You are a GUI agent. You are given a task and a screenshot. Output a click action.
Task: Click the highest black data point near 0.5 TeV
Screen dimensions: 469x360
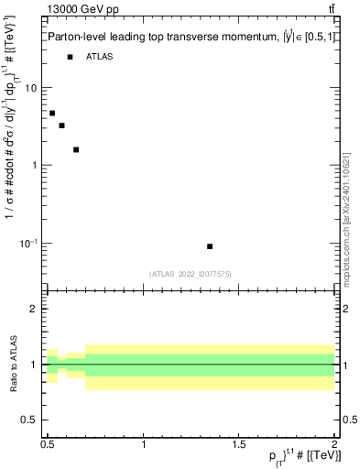(52, 113)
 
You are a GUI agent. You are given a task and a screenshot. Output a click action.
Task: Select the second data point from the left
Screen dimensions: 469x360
(61, 125)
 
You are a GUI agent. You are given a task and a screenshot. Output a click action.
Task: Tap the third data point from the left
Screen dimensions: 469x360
(76, 149)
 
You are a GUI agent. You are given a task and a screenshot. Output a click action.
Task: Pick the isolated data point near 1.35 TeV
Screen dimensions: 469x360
(210, 246)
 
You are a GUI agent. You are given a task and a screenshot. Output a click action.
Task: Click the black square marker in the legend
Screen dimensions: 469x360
(70, 57)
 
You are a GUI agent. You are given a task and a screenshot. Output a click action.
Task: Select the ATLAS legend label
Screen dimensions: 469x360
(100, 57)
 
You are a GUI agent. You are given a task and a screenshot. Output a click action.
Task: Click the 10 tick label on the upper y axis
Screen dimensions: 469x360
(32, 88)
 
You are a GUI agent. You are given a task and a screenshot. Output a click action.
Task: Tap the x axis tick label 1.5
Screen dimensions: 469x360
(239, 442)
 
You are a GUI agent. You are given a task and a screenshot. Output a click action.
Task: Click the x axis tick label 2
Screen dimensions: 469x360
(333, 442)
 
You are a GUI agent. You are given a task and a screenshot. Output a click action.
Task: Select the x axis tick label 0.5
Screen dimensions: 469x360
(49, 442)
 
